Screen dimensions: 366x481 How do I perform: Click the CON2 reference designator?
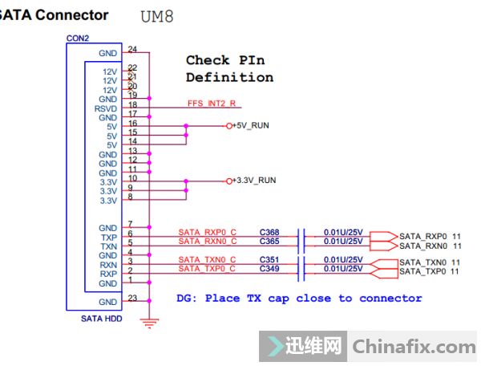(79, 38)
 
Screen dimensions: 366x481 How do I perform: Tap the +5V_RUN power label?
(252, 126)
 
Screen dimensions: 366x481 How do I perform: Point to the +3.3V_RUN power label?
(254, 181)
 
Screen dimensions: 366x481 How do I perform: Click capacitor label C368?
(269, 232)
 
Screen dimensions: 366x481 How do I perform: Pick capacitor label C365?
(269, 241)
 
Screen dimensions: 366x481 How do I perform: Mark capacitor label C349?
(269, 270)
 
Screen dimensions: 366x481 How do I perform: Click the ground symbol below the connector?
(147, 322)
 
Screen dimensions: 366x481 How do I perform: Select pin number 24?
(132, 50)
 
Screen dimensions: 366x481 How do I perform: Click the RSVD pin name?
(107, 108)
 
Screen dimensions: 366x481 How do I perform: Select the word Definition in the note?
(229, 78)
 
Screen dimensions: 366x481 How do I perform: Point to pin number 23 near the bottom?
(132, 298)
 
